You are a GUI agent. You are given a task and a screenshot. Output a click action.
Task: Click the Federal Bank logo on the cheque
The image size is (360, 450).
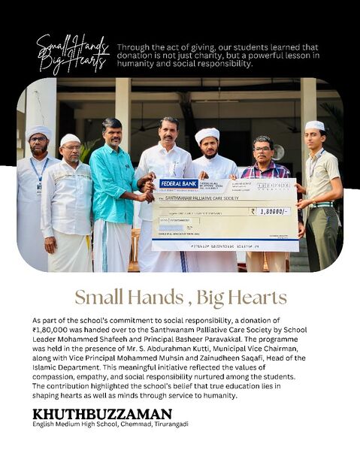coord(178,183)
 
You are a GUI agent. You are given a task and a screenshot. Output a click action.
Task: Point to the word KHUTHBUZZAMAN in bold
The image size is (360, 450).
coord(102,413)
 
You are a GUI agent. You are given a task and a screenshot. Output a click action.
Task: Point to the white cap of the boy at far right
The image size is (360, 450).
coord(315,125)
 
